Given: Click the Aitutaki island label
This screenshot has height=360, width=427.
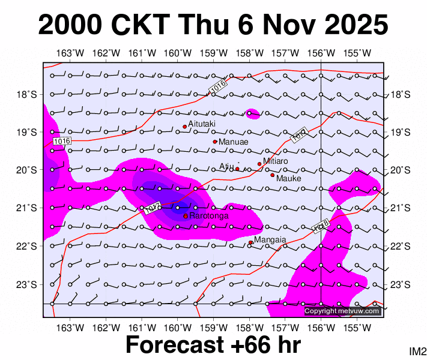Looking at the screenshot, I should [x=202, y=124].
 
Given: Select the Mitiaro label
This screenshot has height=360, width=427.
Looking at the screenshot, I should [x=276, y=161].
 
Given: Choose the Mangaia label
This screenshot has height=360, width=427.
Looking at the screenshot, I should [x=270, y=240].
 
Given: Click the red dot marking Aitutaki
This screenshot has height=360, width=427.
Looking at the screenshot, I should [x=185, y=127].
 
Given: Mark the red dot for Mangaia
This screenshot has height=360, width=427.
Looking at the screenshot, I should [x=250, y=242].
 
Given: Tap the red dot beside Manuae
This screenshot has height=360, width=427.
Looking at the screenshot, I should [x=215, y=142].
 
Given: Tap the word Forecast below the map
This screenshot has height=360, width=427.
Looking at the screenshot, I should [x=178, y=346].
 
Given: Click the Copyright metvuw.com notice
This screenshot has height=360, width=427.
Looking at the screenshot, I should [x=342, y=311].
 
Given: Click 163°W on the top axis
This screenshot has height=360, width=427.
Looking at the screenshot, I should [x=70, y=53].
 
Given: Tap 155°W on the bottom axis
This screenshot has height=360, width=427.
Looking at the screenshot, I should [x=356, y=327].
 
